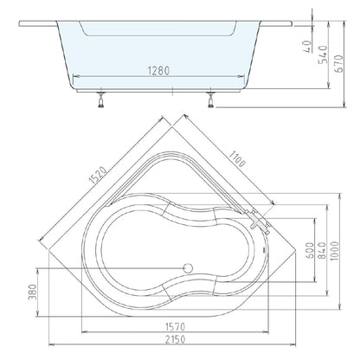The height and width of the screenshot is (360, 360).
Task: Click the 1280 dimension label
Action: [x=158, y=71]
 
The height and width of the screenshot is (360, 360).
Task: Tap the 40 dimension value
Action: [x=308, y=47]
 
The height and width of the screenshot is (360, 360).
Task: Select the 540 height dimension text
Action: [x=323, y=55]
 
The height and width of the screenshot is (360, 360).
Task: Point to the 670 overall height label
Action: [x=339, y=64]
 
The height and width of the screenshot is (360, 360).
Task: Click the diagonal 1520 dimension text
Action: [x=99, y=175]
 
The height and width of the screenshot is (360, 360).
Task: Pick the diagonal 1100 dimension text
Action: [x=237, y=158]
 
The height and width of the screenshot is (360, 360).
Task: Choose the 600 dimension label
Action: [x=309, y=250]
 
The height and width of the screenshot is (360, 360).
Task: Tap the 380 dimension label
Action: [x=33, y=292]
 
